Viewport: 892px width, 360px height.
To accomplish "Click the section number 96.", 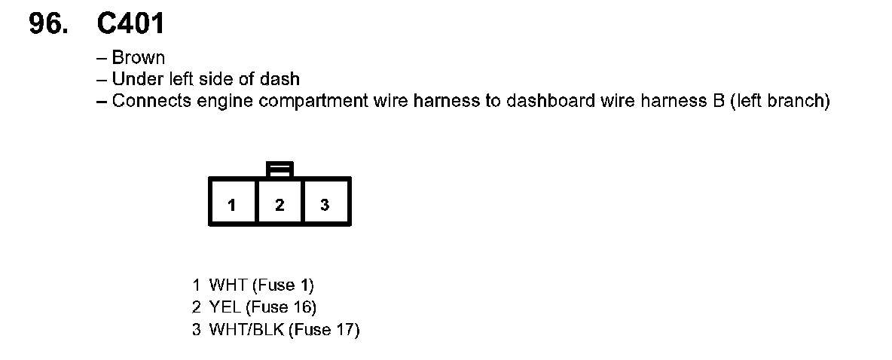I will (46, 25).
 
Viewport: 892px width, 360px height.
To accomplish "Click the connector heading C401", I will (130, 25).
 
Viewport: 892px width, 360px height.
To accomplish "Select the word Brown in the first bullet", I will (139, 58).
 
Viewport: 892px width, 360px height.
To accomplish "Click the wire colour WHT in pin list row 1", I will (228, 285).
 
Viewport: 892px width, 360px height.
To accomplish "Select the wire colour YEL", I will (225, 307).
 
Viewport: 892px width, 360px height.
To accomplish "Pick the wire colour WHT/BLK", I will (246, 330).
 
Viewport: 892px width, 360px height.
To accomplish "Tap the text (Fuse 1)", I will (283, 285).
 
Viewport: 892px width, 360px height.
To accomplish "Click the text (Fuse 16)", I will (282, 307).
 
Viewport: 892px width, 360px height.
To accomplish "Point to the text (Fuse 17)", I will (325, 330).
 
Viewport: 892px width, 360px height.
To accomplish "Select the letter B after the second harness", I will (718, 102).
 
